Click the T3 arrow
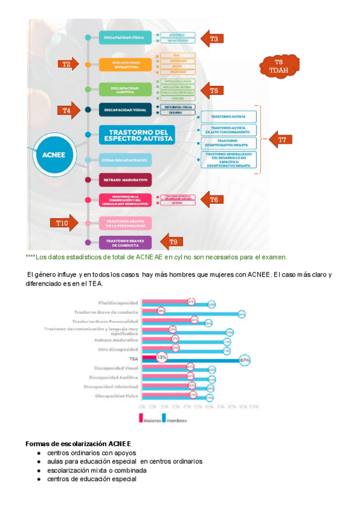(x=212, y=38)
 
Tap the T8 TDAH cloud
(x=278, y=66)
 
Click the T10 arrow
(x=64, y=223)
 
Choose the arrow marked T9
(x=172, y=242)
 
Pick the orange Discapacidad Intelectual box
(x=125, y=64)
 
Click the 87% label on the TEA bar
(x=244, y=360)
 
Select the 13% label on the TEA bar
(x=161, y=357)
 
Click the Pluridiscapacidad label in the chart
(x=118, y=303)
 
